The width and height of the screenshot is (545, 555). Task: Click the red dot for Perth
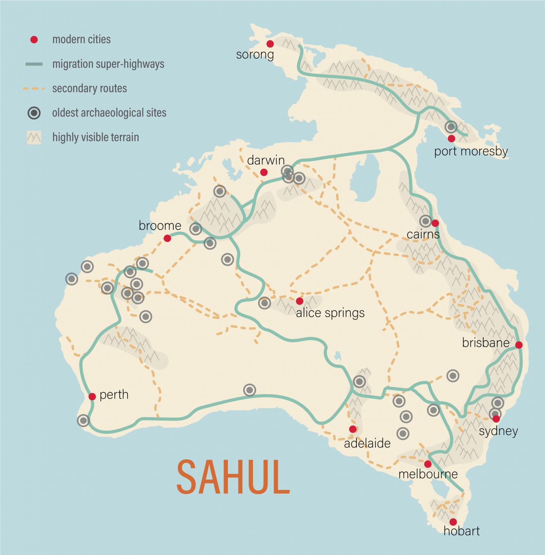click(92, 396)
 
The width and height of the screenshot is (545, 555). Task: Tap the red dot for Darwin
click(264, 172)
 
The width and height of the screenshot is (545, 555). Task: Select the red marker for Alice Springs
click(299, 301)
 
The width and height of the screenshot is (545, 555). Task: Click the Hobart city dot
click(453, 522)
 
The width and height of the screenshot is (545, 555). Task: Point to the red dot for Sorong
click(270, 44)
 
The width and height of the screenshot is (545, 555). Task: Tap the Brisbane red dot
click(519, 345)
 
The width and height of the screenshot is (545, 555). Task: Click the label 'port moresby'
click(471, 151)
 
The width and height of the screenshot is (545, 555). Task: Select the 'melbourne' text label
click(428, 474)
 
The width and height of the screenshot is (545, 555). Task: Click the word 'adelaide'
click(367, 443)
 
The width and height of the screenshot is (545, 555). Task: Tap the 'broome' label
click(160, 226)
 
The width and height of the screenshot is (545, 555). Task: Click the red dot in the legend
click(34, 39)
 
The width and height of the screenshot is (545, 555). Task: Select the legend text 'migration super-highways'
click(108, 64)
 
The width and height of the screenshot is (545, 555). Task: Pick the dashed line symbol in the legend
click(34, 89)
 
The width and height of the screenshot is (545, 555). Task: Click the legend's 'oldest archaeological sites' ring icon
click(34, 113)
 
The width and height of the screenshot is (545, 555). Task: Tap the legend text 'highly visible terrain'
click(95, 137)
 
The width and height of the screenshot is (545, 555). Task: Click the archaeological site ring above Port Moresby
click(451, 127)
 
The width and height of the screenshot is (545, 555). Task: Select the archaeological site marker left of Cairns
click(425, 221)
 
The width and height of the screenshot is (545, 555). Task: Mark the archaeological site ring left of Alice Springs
click(265, 302)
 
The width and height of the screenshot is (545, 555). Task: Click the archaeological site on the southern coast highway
click(249, 390)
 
